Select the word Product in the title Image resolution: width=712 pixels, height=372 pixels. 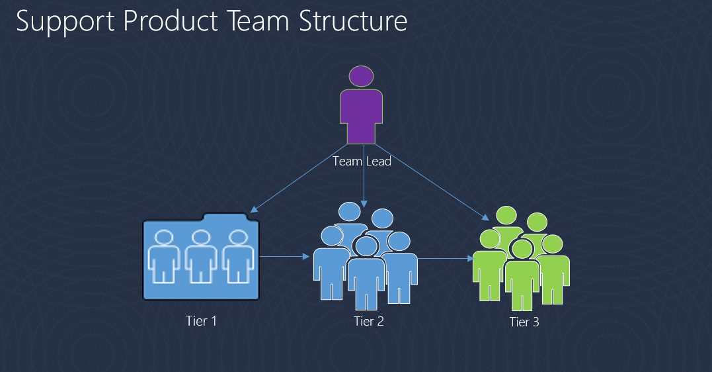coord(171,21)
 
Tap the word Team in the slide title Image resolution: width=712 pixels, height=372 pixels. coord(257,21)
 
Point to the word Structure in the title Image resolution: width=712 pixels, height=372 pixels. coord(353,21)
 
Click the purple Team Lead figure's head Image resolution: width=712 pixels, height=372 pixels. coord(361,76)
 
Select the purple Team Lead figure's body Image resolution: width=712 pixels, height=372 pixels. coord(362,116)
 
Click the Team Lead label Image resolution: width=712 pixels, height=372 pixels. coord(362,161)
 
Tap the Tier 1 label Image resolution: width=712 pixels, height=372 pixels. coord(201,320)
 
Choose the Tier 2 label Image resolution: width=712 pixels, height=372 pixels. coord(369,321)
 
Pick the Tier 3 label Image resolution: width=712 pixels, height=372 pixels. coord(524,322)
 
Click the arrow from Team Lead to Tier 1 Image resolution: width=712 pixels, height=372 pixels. coord(299,178)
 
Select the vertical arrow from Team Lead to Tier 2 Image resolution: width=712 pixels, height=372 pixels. coord(364,176)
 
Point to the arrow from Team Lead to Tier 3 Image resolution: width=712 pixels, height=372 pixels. coord(432,182)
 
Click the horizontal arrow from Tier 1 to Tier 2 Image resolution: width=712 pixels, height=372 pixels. coord(285,257)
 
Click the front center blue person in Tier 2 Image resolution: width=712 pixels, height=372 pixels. coord(366,273)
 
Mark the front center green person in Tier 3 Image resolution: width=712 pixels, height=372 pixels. coord(522,275)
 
